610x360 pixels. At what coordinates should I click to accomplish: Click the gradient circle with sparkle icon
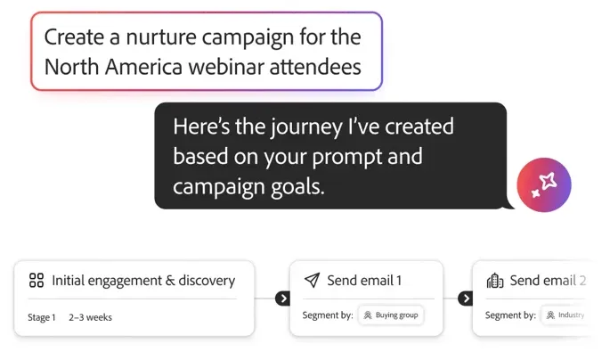(543, 184)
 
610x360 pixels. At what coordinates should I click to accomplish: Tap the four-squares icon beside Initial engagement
(37, 281)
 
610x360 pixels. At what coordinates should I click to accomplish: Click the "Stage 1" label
(41, 317)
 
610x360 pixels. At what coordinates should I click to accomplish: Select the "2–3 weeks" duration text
(91, 317)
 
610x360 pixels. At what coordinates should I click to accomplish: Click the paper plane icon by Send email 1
(311, 281)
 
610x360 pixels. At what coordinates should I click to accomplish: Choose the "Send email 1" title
(364, 281)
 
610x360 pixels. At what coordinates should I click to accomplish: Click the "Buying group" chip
(392, 315)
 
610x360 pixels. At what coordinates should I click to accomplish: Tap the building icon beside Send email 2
(494, 281)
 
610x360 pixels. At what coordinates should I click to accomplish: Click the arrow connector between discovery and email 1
(282, 299)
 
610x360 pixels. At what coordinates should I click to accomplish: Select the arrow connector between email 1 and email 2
(465, 299)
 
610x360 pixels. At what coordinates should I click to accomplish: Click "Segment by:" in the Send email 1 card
(328, 315)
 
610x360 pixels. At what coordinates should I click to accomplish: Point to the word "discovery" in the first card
(207, 281)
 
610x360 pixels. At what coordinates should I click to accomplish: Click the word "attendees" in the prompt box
(321, 66)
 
